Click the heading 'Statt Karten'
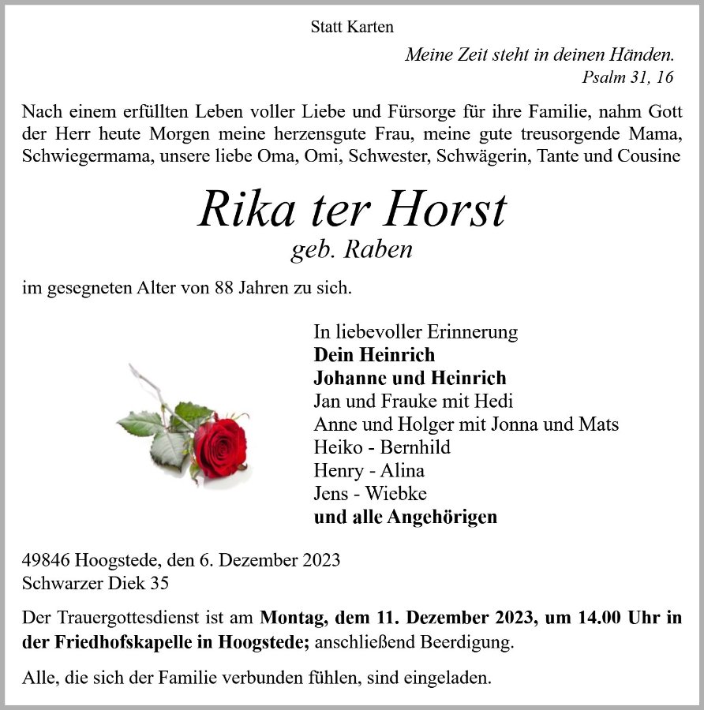(x=352, y=27)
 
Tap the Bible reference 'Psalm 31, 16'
(x=627, y=77)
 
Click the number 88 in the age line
(x=225, y=288)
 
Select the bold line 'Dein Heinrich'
(x=373, y=355)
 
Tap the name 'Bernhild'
(x=415, y=447)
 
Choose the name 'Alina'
(x=403, y=471)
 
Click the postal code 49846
(x=47, y=561)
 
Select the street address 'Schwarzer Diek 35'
(x=95, y=584)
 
